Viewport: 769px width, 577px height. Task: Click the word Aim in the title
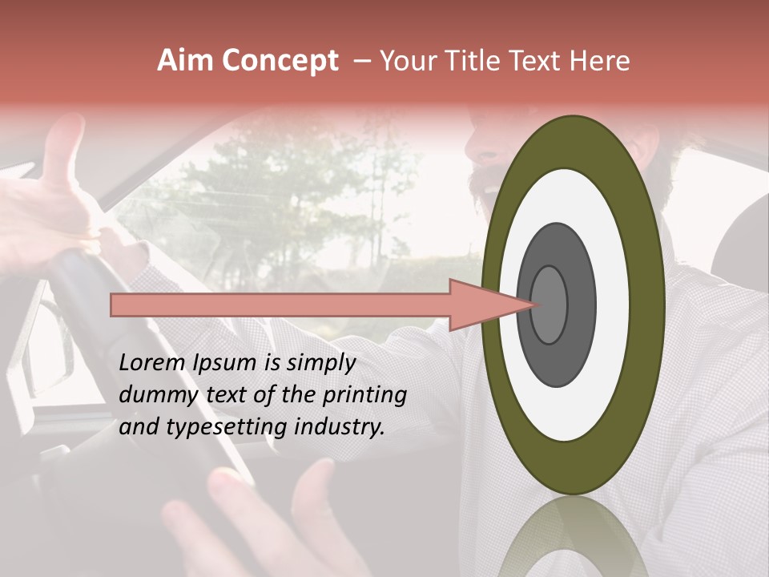pyautogui.click(x=185, y=61)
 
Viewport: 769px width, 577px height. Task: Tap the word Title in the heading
pyautogui.click(x=477, y=61)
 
